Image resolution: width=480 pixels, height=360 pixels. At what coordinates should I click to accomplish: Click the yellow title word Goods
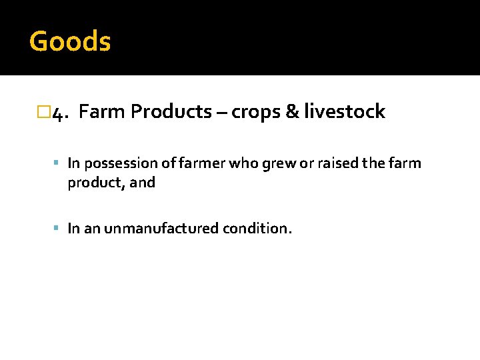(x=70, y=41)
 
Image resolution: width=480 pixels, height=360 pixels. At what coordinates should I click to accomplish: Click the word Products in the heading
(x=171, y=112)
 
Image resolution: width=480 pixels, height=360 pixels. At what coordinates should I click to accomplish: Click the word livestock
(x=344, y=112)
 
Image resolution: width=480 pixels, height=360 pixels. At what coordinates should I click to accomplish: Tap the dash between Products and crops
(x=219, y=112)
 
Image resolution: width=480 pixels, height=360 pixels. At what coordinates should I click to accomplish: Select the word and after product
(x=143, y=182)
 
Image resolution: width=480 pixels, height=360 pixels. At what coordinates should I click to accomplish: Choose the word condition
(x=257, y=229)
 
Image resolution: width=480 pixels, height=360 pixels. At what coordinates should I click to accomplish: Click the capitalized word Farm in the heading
(x=107, y=112)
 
